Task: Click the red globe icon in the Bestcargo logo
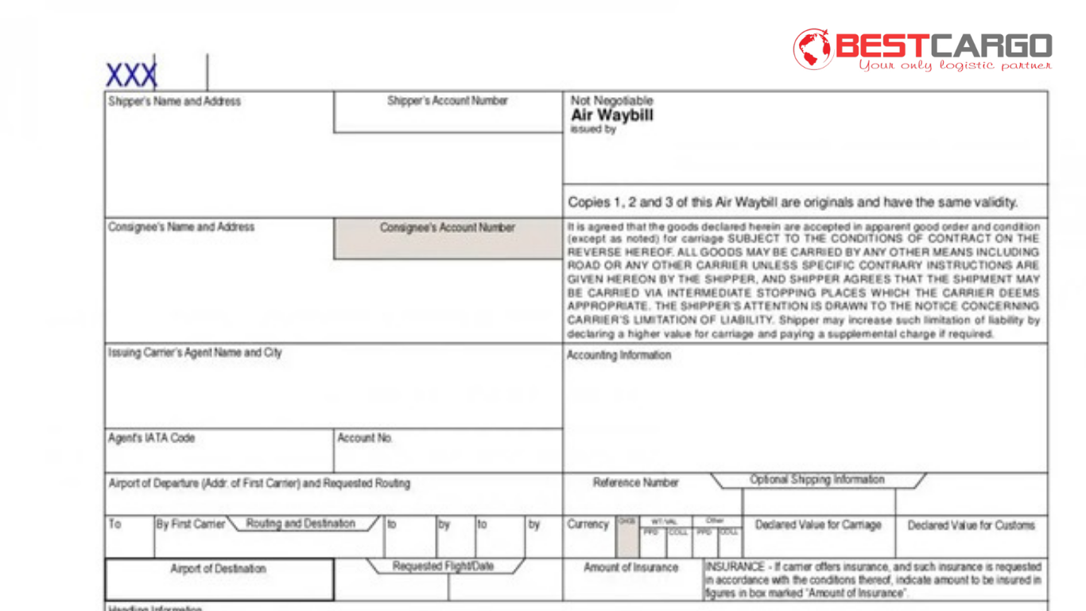tap(813, 49)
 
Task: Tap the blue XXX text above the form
tap(131, 76)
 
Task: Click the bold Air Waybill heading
tap(611, 115)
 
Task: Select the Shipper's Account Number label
tap(447, 101)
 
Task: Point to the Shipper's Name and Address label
tap(174, 102)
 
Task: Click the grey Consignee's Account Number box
tap(448, 239)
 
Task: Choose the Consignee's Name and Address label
tap(181, 228)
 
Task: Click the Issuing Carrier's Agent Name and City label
tap(195, 352)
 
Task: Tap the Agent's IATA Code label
tap(151, 438)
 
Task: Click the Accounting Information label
tap(619, 356)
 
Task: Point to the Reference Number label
tap(635, 483)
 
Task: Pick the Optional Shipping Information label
tap(816, 480)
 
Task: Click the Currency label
tap(588, 525)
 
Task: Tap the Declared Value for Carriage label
tap(818, 525)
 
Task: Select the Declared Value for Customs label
tap(971, 525)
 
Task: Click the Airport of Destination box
tap(219, 579)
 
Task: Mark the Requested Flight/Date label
tap(443, 566)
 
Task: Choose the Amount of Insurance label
tap(630, 568)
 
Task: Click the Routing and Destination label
tap(301, 523)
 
